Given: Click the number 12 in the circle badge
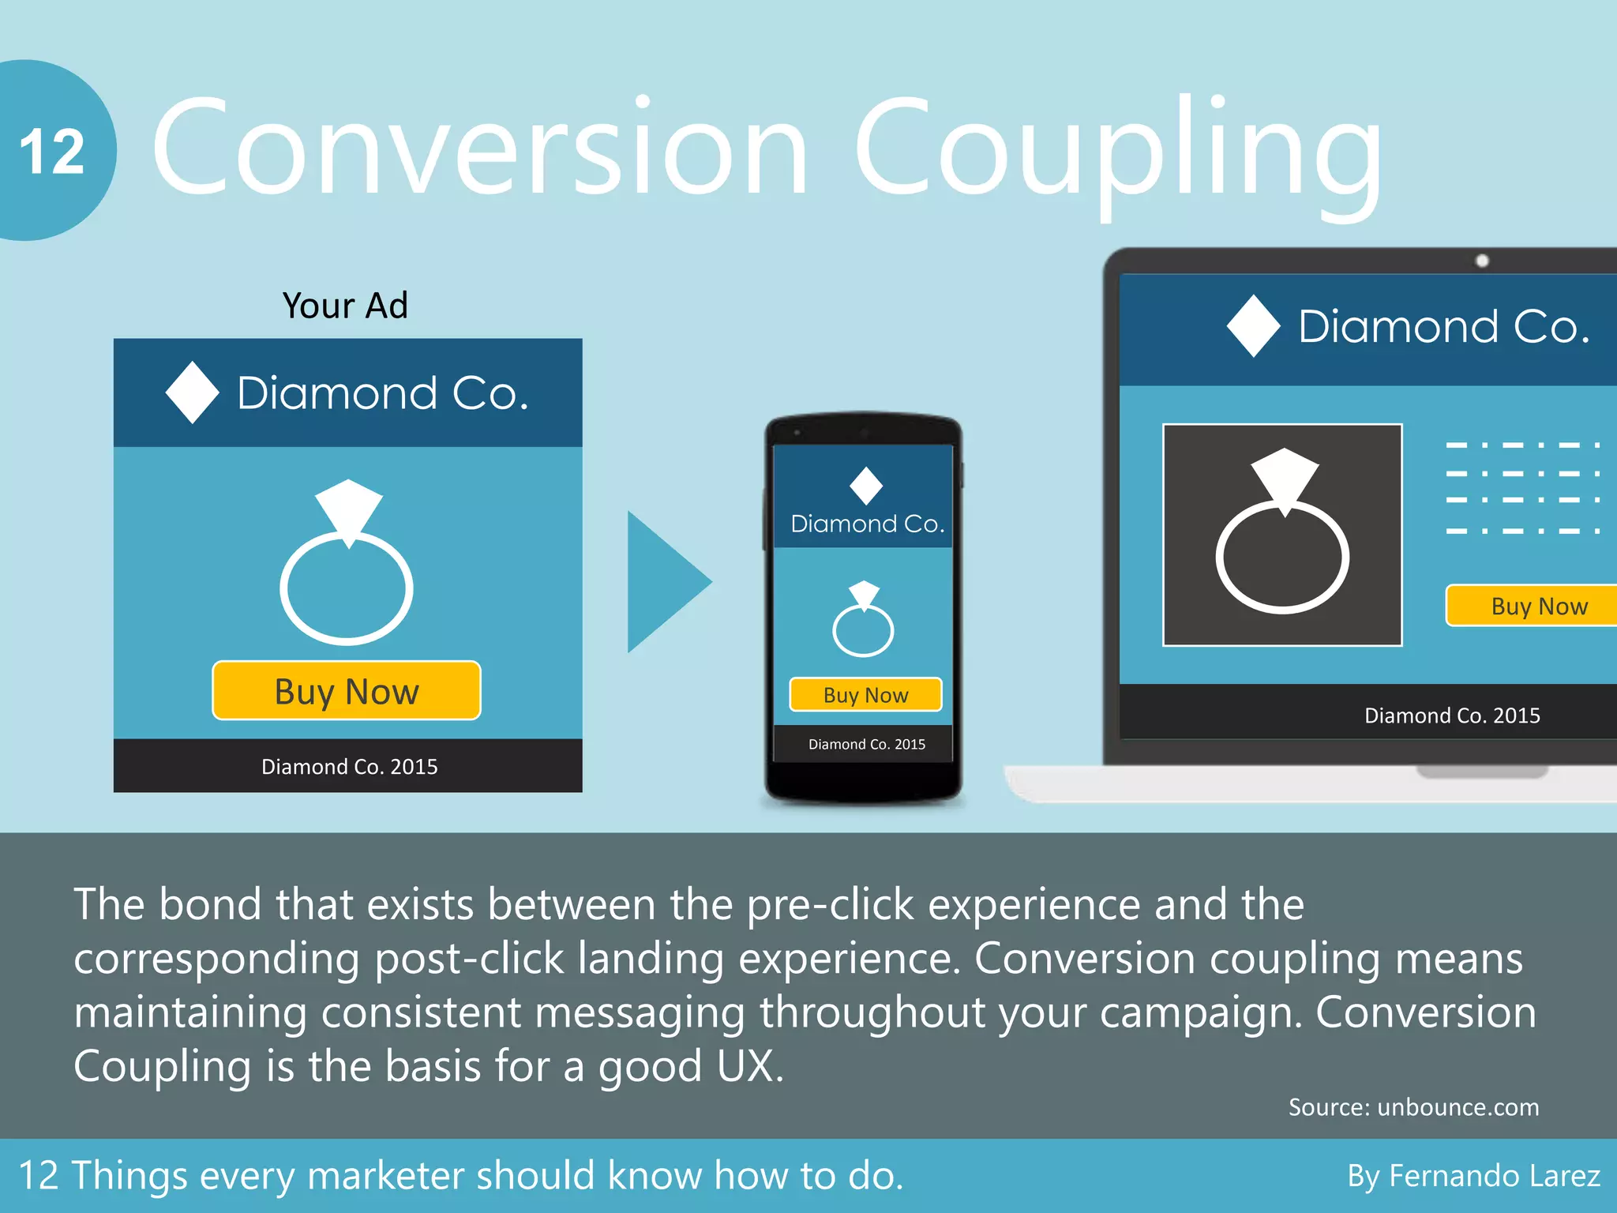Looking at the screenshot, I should point(52,152).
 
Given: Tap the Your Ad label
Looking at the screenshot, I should point(345,306).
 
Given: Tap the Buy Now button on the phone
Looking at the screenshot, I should point(865,695).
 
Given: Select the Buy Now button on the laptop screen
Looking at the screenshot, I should point(1536,606).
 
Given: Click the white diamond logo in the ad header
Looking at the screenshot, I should point(192,392).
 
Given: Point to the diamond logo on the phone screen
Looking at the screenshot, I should point(866,486).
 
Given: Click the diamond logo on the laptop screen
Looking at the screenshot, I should point(1254,325).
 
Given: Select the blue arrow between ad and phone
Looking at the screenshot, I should point(663,582).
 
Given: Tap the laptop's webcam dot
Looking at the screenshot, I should point(1482,261).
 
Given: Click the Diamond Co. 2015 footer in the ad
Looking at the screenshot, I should point(349,766).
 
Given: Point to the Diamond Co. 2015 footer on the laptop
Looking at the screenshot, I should point(1452,715).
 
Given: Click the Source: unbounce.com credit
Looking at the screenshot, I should point(1413,1107).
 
